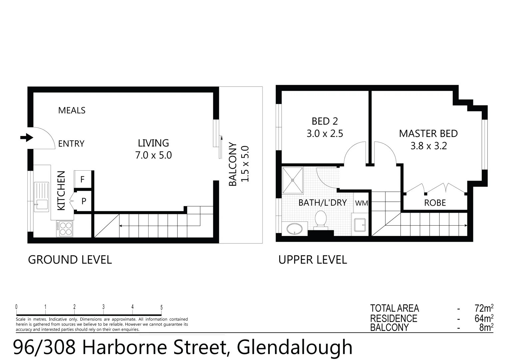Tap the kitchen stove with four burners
click(x=65, y=229)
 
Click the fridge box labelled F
click(x=82, y=180)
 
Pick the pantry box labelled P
click(x=84, y=201)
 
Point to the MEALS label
click(x=72, y=110)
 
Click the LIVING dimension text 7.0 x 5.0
click(x=153, y=155)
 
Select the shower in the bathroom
click(x=293, y=180)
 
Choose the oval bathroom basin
click(x=294, y=229)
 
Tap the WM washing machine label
click(x=361, y=203)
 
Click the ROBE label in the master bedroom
click(x=435, y=203)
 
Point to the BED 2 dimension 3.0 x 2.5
click(x=324, y=134)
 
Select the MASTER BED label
click(x=428, y=134)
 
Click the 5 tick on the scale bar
click(x=162, y=308)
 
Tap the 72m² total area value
click(x=484, y=308)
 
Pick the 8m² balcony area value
click(x=486, y=327)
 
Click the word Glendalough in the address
click(x=294, y=347)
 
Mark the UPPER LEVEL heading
click(x=312, y=260)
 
